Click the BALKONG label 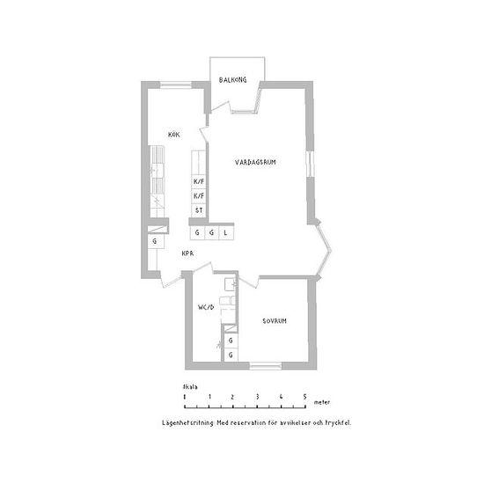(232, 80)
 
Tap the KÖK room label (173, 135)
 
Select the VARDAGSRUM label (255, 162)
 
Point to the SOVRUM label (275, 321)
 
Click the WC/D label (206, 307)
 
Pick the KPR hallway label (187, 253)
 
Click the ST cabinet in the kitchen (199, 210)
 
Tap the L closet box (226, 232)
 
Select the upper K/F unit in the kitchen (199, 181)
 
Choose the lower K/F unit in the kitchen (199, 196)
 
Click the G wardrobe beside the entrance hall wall (156, 241)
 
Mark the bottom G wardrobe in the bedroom (231, 355)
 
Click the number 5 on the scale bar (305, 397)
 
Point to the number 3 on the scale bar (257, 397)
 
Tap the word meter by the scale (322, 402)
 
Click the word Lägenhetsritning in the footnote (187, 423)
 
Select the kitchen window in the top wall (176, 84)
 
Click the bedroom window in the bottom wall (266, 366)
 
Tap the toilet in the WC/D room (228, 300)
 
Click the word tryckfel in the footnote (338, 423)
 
